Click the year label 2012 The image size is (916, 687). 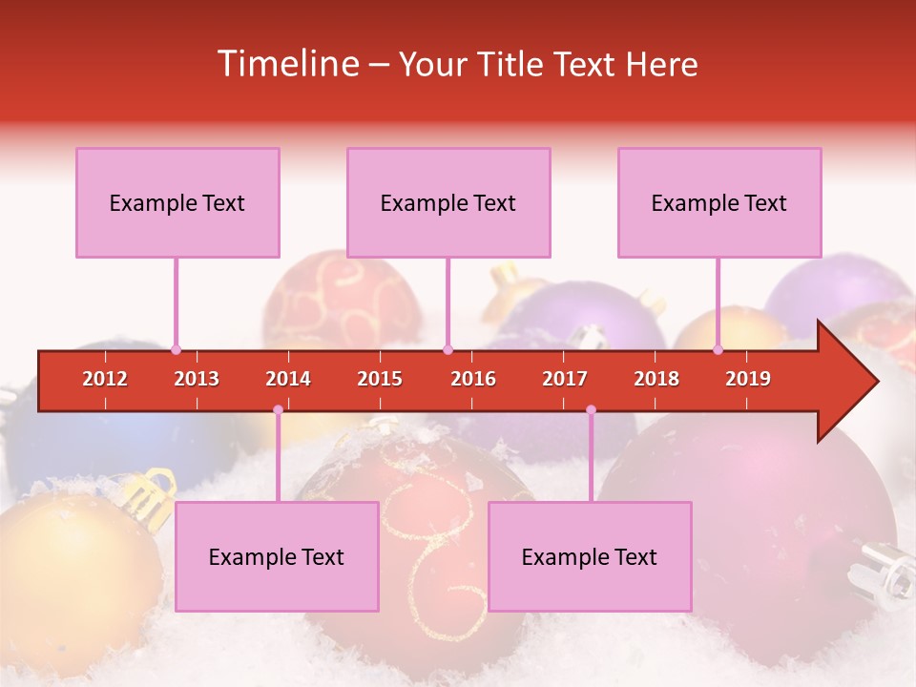click(105, 379)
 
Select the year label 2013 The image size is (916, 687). click(197, 379)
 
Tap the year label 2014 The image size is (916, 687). click(288, 379)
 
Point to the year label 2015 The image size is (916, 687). click(380, 379)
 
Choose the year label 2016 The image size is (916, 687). click(473, 379)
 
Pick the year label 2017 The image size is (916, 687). click(565, 379)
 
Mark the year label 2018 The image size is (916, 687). click(656, 379)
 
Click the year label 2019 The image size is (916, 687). click(748, 379)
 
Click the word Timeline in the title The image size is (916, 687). click(286, 64)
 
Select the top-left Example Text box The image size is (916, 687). click(177, 202)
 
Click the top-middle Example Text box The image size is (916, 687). click(448, 202)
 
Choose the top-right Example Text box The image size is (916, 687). click(719, 202)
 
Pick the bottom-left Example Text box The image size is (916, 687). click(277, 556)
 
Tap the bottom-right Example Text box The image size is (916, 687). click(590, 556)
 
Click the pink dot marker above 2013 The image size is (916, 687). click(176, 349)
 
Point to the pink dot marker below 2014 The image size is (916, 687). click(278, 410)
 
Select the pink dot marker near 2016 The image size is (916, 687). click(448, 349)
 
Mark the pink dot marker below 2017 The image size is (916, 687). click(591, 410)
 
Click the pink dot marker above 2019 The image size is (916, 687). click(718, 349)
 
